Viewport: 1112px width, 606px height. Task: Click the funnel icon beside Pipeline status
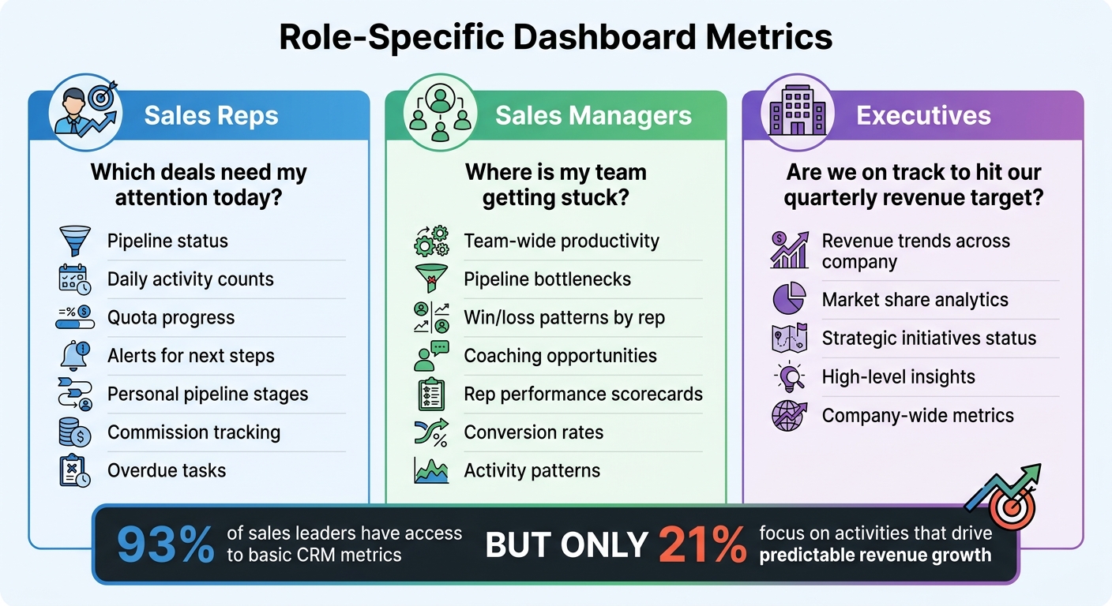pos(75,241)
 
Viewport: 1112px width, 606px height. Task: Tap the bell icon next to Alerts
pos(75,356)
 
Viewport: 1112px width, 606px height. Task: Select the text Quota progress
pos(171,318)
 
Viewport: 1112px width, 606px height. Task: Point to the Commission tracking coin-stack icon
pos(75,432)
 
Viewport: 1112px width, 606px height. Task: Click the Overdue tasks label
pos(167,471)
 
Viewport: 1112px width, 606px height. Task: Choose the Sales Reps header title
pos(211,116)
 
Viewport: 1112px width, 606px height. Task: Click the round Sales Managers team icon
pos(440,115)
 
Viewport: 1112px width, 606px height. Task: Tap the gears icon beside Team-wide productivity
pos(431,241)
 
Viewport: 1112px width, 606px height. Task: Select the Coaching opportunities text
pos(560,356)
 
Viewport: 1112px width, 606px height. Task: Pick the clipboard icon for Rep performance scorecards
pos(431,395)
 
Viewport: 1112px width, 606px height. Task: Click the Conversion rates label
pos(533,432)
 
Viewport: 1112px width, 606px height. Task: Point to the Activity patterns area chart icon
pos(431,471)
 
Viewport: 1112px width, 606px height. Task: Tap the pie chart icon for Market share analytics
pos(788,300)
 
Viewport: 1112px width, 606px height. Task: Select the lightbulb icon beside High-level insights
pos(788,377)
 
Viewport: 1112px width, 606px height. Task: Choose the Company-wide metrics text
pos(918,416)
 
